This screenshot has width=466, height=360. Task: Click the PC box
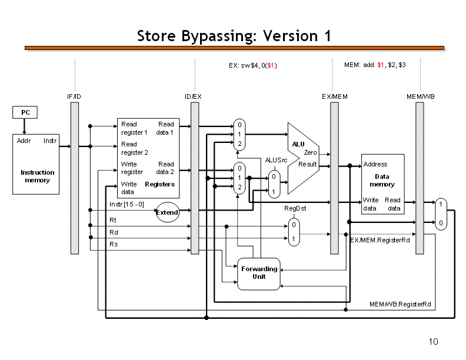point(25,112)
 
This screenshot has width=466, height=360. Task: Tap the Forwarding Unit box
point(258,273)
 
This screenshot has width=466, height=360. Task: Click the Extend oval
point(167,212)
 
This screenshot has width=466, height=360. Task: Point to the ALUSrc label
point(275,160)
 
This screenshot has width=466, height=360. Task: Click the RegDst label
point(295,208)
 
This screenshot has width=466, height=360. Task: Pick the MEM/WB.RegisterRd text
point(400,304)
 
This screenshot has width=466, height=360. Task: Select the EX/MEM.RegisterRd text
point(380,240)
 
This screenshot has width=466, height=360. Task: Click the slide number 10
point(434,342)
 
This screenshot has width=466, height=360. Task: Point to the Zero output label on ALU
point(310,152)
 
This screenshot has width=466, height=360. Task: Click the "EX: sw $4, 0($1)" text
point(253,65)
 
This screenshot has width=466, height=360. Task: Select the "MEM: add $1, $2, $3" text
point(375,65)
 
